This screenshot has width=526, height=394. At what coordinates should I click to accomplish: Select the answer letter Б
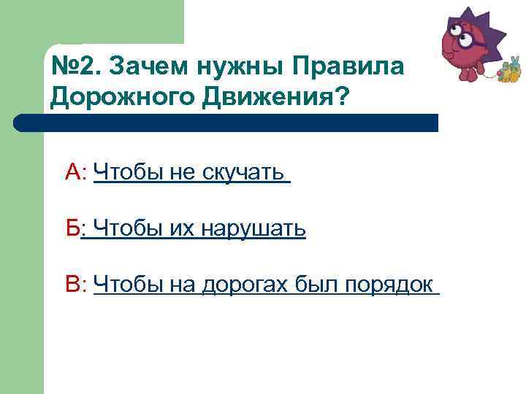72,229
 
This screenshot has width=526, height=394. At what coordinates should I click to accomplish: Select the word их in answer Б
179,229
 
